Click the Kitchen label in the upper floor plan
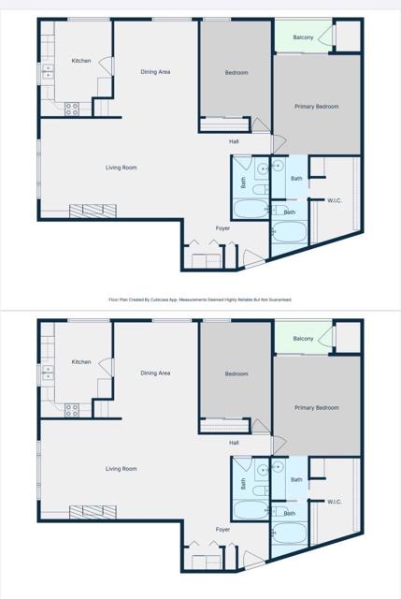pyautogui.click(x=81, y=61)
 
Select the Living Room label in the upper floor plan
pyautogui.click(x=122, y=168)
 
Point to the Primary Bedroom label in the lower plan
pyautogui.click(x=316, y=408)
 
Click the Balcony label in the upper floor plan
pyautogui.click(x=303, y=37)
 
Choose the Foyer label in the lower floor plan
pyautogui.click(x=222, y=530)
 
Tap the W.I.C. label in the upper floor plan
pyautogui.click(x=334, y=200)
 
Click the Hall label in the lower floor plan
pyautogui.click(x=234, y=443)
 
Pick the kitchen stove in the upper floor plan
pyautogui.click(x=72, y=109)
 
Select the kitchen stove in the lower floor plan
pyautogui.click(x=72, y=410)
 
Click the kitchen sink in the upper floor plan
pyautogui.click(x=46, y=73)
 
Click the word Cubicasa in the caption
pyautogui.click(x=169, y=300)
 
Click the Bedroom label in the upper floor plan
pyautogui.click(x=236, y=72)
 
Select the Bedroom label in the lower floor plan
pyautogui.click(x=236, y=373)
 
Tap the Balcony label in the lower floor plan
pyautogui.click(x=303, y=339)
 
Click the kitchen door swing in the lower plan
pyautogui.click(x=106, y=368)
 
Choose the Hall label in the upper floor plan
pyautogui.click(x=234, y=141)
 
